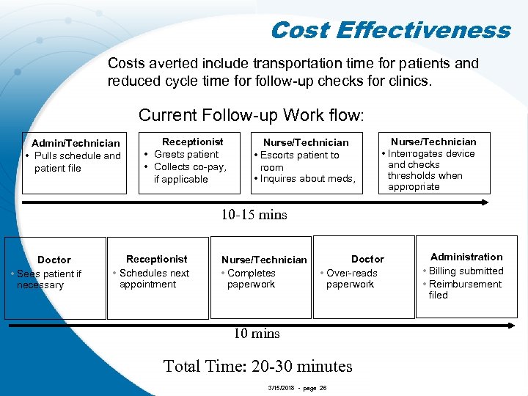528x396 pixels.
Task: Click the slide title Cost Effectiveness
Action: pyautogui.click(x=389, y=30)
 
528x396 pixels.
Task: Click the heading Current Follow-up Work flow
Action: pyautogui.click(x=252, y=115)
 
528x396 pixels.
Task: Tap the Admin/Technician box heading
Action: pyautogui.click(x=76, y=143)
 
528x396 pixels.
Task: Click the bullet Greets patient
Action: pyautogui.click(x=186, y=154)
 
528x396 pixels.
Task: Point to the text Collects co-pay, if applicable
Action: pyautogui.click(x=189, y=173)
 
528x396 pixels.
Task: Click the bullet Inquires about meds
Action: pyautogui.click(x=307, y=179)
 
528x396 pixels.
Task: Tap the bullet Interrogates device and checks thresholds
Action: pyautogui.click(x=431, y=170)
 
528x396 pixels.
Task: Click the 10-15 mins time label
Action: pyautogui.click(x=254, y=215)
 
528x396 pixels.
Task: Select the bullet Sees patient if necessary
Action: pyautogui.click(x=48, y=279)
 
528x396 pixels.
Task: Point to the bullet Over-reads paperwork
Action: pyautogui.click(x=351, y=279)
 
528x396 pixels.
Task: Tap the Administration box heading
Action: pyautogui.click(x=466, y=257)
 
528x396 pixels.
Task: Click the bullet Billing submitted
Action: pyautogui.click(x=466, y=271)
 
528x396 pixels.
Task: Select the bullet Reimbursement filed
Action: pyautogui.click(x=466, y=289)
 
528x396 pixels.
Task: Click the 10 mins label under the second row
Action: pyautogui.click(x=257, y=334)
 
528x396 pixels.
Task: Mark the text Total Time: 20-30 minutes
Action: pyautogui.click(x=257, y=365)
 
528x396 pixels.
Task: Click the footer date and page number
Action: pyautogui.click(x=298, y=386)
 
